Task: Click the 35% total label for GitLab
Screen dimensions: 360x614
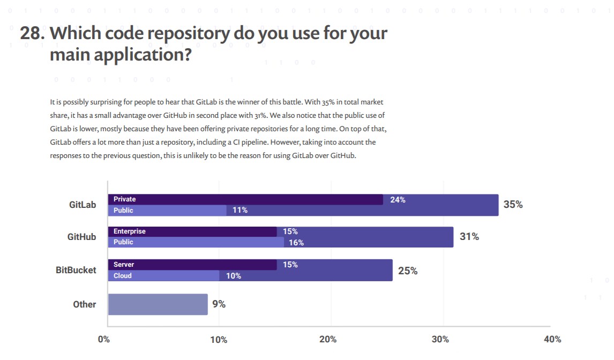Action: [x=513, y=204]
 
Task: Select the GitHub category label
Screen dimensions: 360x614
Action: [x=82, y=236]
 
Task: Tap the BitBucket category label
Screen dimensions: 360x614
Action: [x=76, y=270]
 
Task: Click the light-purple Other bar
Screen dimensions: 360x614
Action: [x=158, y=304]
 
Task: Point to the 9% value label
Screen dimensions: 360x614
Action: [x=219, y=304]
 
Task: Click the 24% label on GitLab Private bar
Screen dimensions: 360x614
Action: [x=398, y=200]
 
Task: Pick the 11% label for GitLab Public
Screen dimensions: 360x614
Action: [x=240, y=210]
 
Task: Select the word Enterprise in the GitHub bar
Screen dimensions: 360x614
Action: [x=130, y=231]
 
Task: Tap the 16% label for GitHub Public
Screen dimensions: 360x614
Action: [x=296, y=243]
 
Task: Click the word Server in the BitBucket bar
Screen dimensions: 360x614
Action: [x=124, y=265]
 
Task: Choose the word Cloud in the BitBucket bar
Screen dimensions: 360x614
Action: [x=123, y=276]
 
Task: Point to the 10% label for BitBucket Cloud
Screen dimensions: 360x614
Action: [x=234, y=276]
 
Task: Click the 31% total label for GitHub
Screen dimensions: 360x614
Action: [x=469, y=236]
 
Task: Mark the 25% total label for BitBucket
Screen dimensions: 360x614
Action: [x=408, y=271]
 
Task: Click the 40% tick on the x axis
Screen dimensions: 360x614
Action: [x=552, y=339]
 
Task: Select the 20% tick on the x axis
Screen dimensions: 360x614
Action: [x=328, y=339]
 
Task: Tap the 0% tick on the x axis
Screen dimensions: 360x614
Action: [x=104, y=339]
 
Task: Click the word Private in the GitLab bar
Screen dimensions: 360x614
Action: [x=125, y=199]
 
